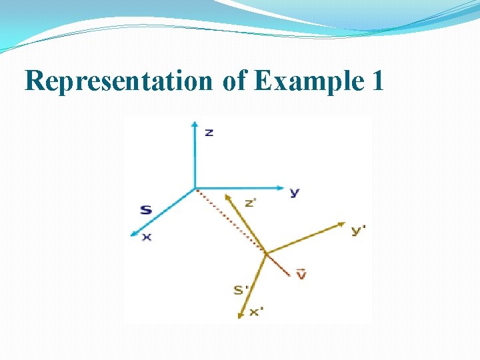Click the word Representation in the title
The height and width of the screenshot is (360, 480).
click(117, 81)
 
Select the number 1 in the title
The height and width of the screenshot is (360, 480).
click(378, 81)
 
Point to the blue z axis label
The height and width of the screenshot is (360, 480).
click(209, 132)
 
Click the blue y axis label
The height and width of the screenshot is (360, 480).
click(294, 192)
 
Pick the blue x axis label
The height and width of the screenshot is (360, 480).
click(147, 237)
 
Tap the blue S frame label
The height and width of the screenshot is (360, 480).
click(146, 210)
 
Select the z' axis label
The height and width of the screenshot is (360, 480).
click(251, 203)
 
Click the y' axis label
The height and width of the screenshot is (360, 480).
click(359, 230)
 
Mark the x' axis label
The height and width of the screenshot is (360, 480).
click(257, 311)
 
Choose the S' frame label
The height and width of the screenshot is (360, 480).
click(241, 290)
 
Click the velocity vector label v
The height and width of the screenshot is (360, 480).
click(301, 273)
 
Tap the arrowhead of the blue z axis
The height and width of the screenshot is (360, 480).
click(194, 123)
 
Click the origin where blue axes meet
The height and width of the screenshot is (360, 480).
click(195, 188)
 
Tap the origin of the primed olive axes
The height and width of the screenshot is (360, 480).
click(267, 253)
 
